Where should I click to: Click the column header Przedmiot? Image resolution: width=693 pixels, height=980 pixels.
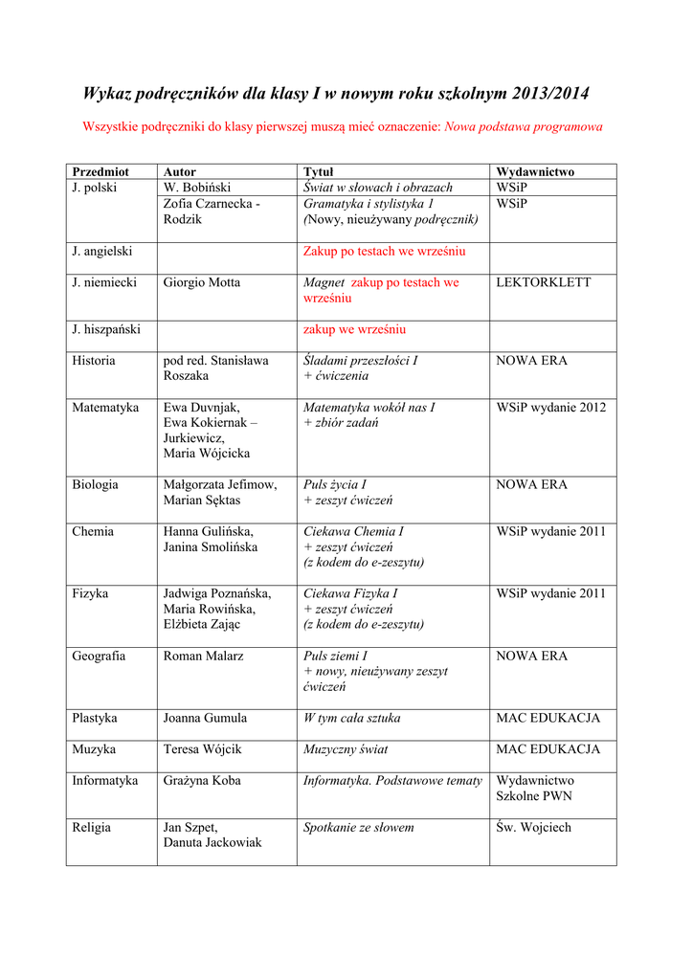pos(100,172)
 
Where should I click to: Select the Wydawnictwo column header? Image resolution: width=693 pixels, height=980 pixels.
pos(535,172)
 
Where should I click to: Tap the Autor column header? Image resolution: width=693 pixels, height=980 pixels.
pos(180,172)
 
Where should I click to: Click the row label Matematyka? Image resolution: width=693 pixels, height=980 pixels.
pos(105,408)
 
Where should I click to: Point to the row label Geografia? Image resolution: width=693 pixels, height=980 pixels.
pos(99,657)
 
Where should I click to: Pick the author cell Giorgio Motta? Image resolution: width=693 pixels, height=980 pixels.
pos(202,283)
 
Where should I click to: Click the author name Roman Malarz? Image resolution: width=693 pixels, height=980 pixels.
pos(204,657)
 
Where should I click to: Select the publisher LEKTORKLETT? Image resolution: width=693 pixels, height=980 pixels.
pos(544,283)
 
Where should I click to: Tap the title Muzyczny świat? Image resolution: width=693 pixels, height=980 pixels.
pos(346,749)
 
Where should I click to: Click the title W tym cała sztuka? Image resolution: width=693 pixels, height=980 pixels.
pos(352,718)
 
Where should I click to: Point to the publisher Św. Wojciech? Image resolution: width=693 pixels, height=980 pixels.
pos(533,827)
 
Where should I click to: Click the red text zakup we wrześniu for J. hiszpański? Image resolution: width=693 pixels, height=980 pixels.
pos(354,329)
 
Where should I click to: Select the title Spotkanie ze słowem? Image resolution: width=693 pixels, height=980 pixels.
pos(359,827)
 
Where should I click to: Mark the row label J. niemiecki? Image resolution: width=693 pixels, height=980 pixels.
pos(104,283)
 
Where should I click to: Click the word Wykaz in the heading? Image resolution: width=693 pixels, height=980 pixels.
pos(107,94)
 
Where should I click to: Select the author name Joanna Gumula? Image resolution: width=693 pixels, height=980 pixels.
pos(206,718)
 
